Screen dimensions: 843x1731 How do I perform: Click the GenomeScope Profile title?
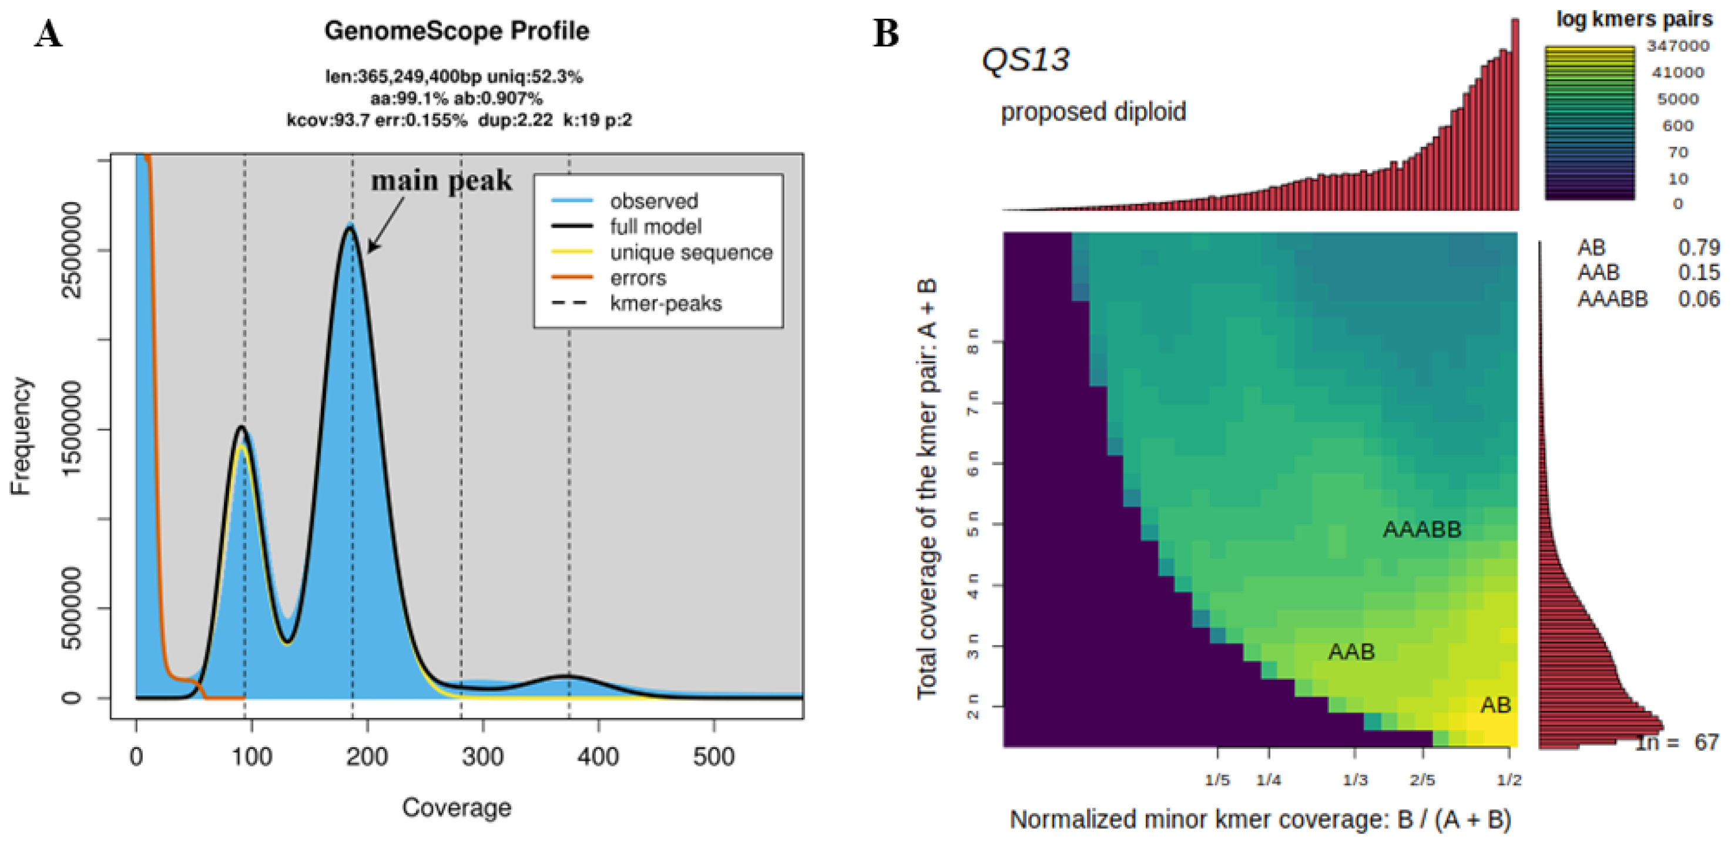(x=457, y=31)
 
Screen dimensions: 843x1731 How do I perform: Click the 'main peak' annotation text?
(x=441, y=181)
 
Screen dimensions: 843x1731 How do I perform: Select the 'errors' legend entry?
(x=638, y=277)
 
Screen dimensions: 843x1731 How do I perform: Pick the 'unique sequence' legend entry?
(x=691, y=253)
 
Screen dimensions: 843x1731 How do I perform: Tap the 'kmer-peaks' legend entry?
(x=665, y=304)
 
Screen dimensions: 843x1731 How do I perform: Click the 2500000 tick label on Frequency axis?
(x=72, y=250)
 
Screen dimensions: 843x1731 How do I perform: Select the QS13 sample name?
(x=1025, y=60)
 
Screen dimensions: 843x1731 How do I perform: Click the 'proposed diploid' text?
(x=1093, y=112)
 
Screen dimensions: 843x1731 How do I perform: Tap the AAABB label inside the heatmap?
(x=1422, y=529)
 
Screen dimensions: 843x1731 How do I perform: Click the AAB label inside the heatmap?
(x=1351, y=651)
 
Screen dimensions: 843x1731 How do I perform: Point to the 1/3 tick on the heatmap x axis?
(x=1355, y=780)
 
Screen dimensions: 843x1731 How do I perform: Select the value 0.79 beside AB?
(x=1698, y=247)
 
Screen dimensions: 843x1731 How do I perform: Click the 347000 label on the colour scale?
(x=1678, y=46)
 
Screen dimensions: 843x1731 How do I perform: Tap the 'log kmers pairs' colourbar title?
(x=1633, y=19)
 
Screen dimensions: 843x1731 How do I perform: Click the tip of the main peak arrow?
(x=369, y=253)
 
